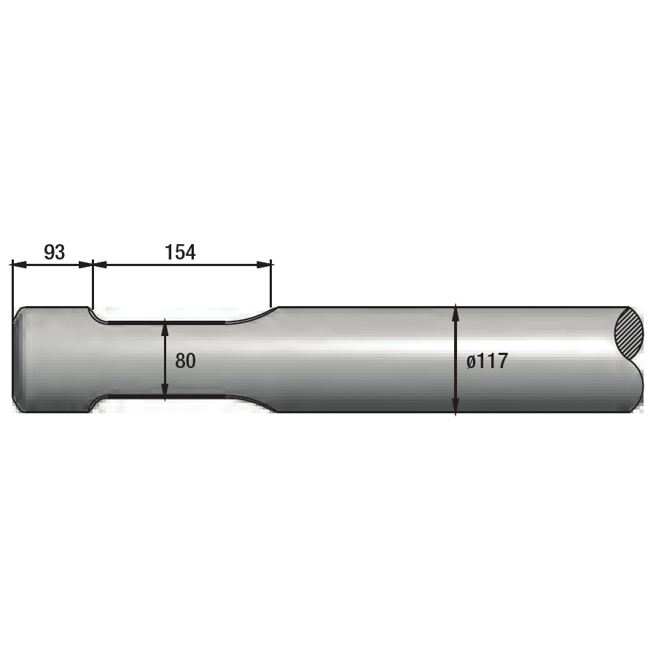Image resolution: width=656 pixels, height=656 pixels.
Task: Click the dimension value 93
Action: [55, 252]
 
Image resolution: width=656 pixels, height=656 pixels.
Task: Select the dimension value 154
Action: [180, 252]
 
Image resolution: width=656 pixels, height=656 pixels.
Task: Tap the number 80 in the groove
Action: [185, 360]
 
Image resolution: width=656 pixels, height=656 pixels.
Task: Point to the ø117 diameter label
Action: [486, 361]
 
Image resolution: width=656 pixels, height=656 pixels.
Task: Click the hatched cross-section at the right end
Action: [629, 334]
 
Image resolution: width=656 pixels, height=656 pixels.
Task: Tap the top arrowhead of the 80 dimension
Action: [166, 325]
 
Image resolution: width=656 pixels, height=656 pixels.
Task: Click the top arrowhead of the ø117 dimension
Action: [456, 311]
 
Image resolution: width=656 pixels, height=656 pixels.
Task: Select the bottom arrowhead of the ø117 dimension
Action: [456, 407]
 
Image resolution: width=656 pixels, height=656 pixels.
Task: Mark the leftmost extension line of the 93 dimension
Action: [12, 284]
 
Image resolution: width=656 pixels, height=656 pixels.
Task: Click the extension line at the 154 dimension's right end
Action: [271, 284]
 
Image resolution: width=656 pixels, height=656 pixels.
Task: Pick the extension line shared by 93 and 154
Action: [93, 284]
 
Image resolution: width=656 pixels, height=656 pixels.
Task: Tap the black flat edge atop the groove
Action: [168, 321]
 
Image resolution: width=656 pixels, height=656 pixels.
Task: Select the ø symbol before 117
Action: [471, 362]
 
